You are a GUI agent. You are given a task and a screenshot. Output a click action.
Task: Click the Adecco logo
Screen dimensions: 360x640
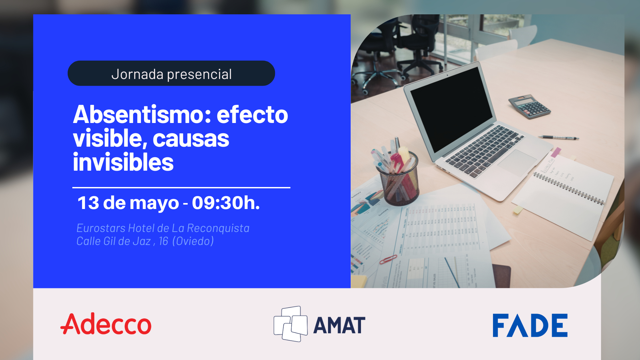(106, 324)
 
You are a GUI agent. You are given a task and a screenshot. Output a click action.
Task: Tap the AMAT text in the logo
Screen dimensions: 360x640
(339, 326)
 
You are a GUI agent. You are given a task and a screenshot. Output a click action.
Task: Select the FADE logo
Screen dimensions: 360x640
(530, 325)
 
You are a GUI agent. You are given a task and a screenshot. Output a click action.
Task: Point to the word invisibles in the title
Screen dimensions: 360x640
(123, 163)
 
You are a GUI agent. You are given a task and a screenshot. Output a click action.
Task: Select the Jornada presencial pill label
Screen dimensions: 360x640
(171, 74)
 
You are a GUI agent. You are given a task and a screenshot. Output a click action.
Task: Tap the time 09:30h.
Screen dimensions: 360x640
(226, 203)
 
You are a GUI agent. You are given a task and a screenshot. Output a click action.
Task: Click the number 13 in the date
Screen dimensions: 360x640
(88, 203)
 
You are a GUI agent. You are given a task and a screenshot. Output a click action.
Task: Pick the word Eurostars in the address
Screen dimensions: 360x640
(101, 228)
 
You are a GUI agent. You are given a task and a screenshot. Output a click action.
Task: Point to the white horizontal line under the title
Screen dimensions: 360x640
(181, 188)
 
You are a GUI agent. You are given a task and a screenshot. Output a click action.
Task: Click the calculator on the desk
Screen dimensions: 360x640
(529, 106)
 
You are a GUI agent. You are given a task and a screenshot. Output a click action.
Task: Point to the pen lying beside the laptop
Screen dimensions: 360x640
(559, 137)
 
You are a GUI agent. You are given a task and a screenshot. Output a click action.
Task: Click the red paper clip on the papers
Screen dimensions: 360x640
(388, 259)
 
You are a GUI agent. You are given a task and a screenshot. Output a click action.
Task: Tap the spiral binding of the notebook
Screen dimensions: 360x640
(569, 189)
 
